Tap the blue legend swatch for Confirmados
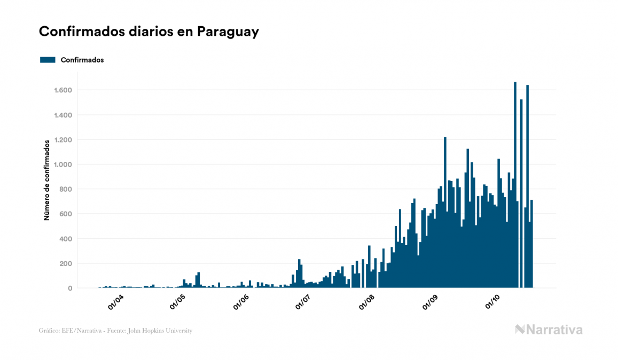48,60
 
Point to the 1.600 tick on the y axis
63,90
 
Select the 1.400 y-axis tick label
63,115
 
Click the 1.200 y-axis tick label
63,140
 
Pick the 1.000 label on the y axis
63,165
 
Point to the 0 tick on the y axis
70,288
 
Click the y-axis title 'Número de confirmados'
47,180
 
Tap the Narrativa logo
549,330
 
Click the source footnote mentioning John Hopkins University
115,331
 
